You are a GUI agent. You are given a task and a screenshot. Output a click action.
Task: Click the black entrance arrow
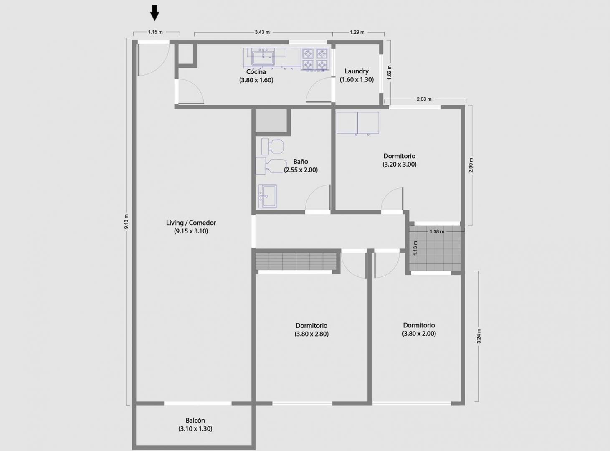point(155,13)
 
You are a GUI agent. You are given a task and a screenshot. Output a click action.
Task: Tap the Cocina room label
point(256,76)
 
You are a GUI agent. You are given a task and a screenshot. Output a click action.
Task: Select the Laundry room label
point(357,76)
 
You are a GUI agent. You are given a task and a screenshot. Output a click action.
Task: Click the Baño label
point(301,166)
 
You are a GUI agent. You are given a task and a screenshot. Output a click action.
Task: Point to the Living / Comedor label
point(191,227)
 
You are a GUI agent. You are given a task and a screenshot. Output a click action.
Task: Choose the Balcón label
point(195,424)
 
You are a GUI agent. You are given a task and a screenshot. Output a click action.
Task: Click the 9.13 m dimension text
point(126,221)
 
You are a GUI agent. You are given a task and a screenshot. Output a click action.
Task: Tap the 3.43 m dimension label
point(262,32)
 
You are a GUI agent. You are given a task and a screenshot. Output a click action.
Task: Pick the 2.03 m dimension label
point(424,99)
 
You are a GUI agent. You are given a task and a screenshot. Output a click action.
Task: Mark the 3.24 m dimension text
point(479,336)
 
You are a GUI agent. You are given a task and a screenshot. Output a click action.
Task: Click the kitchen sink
point(263,56)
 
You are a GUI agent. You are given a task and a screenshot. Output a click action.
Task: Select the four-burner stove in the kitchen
point(315,59)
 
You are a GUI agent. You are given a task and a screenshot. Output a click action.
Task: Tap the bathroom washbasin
point(268,196)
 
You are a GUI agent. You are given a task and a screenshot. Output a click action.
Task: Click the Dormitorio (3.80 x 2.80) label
point(311,329)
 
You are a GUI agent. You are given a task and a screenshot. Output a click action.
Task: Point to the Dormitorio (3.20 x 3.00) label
point(399,160)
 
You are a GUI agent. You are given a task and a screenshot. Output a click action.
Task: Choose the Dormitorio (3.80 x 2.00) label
point(419,329)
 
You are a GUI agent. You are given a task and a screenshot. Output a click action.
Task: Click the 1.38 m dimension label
point(437,232)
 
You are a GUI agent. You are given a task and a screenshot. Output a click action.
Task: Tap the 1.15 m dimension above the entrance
point(155,32)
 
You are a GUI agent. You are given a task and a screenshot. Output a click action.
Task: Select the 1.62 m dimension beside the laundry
point(389,73)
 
